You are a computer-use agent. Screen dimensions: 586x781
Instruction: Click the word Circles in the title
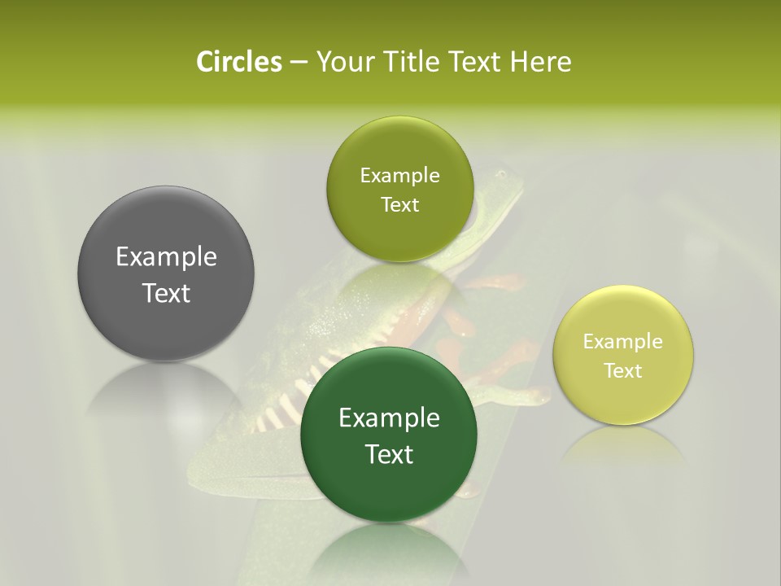pos(238,62)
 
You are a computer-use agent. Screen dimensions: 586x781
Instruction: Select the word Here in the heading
pos(540,62)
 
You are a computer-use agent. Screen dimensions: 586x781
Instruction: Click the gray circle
pos(166,274)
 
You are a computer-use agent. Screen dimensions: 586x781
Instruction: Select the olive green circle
pos(399,190)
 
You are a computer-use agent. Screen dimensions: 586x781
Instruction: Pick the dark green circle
pos(389,435)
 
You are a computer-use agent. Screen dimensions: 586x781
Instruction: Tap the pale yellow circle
pos(623,356)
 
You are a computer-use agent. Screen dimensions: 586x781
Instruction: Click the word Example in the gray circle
pos(166,257)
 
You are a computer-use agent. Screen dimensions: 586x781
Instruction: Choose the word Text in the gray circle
pos(166,293)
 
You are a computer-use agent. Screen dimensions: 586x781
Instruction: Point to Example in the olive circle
pos(399,176)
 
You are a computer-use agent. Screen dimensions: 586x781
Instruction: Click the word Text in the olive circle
pos(399,205)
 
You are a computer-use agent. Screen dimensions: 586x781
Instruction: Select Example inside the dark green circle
pos(389,418)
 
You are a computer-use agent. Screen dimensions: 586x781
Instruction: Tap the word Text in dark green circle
pos(389,454)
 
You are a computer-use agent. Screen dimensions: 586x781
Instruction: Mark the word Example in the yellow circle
pos(623,342)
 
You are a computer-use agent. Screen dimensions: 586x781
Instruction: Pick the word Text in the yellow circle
pos(623,371)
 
